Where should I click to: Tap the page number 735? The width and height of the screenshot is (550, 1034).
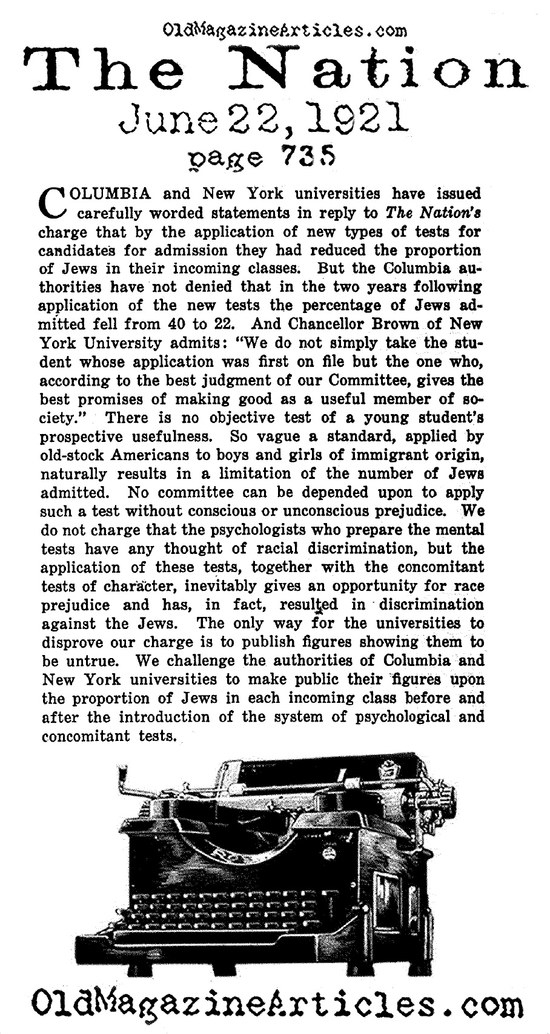[x=305, y=159]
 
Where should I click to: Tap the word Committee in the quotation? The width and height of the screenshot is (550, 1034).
[x=362, y=381]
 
